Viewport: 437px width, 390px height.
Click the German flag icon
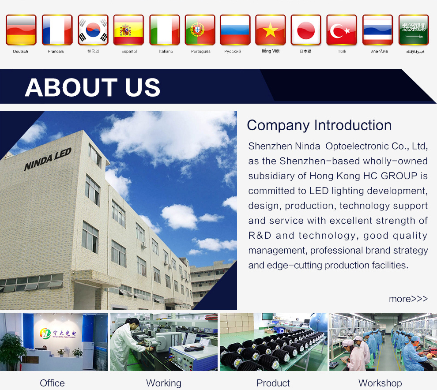coord(21,30)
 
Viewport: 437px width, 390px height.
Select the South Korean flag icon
coord(93,30)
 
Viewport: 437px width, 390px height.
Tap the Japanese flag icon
coord(306,30)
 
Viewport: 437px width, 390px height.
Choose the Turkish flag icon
coord(342,30)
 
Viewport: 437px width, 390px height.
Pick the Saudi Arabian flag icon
coord(414,30)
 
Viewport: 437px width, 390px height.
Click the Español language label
coord(129,52)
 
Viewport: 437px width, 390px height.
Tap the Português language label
coord(201,52)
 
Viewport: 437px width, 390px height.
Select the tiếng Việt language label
coord(270,51)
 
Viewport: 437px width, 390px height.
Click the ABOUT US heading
coord(93,87)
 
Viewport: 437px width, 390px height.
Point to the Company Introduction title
coord(319,125)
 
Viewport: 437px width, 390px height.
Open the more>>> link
coord(408,299)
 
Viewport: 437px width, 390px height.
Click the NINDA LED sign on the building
coord(48,159)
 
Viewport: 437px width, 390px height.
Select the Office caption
coord(52,383)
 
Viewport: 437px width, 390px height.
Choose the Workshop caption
coord(380,383)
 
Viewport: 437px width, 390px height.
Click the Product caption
coord(273,383)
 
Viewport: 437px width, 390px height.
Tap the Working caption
coord(164,383)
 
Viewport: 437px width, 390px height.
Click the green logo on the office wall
coord(45,333)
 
